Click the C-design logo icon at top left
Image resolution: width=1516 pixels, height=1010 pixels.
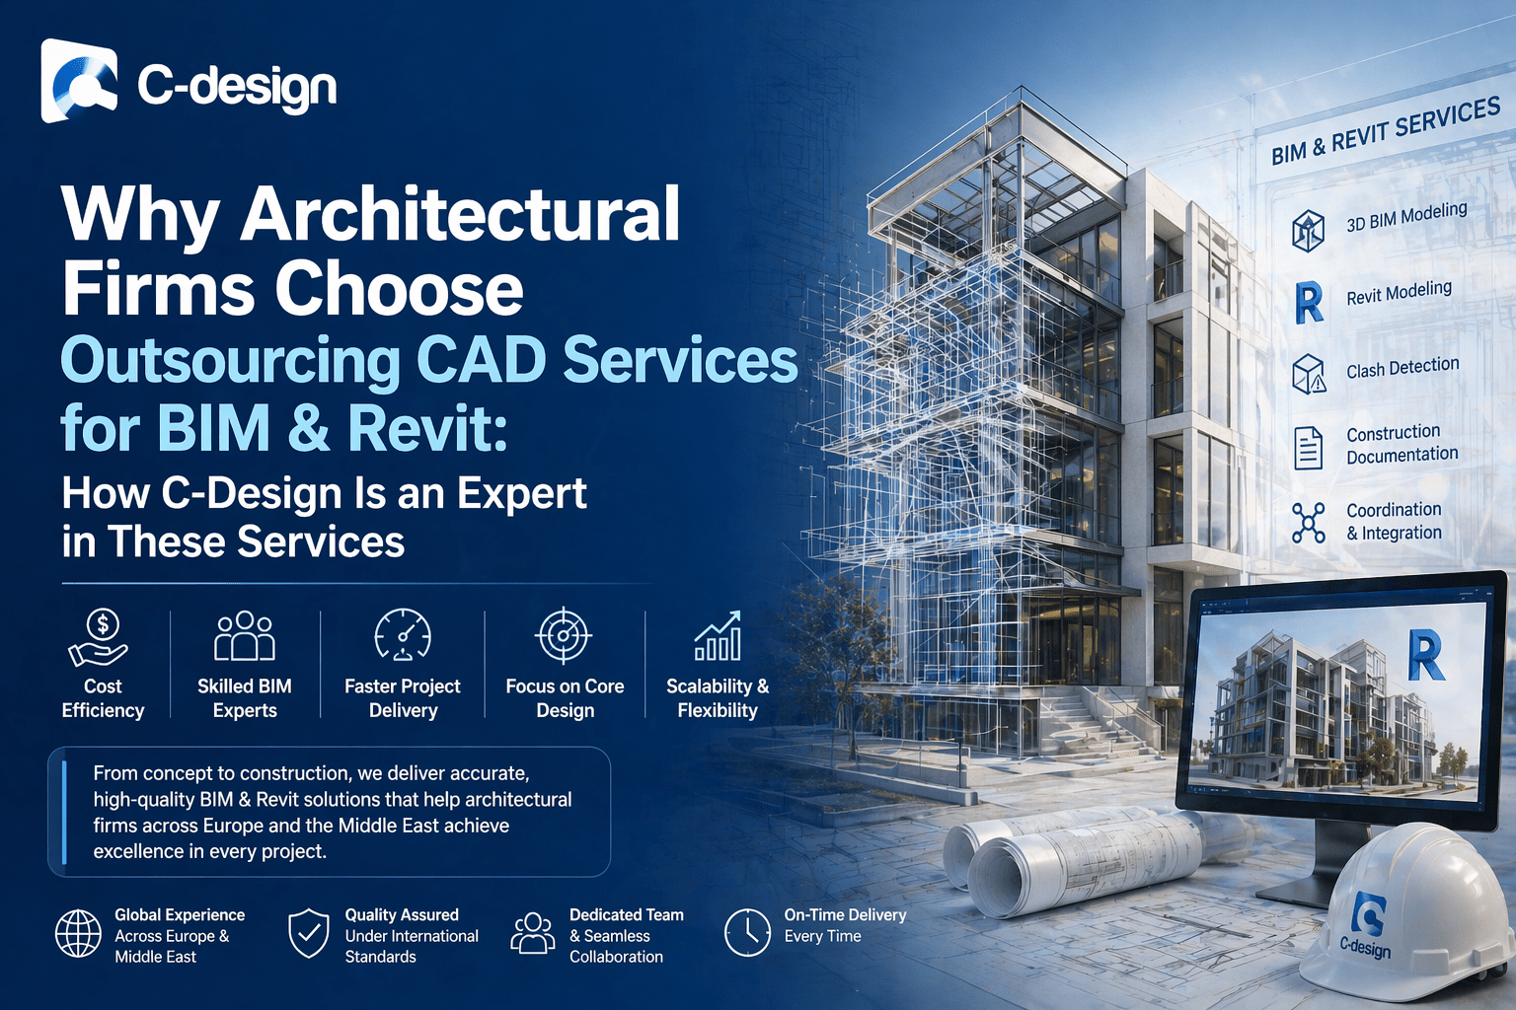click(79, 82)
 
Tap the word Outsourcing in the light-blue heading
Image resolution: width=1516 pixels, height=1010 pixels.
click(230, 360)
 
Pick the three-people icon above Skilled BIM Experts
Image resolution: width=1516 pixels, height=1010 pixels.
click(245, 636)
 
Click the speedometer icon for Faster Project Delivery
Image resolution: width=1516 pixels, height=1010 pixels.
click(403, 635)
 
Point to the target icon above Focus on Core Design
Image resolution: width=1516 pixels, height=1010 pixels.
click(564, 635)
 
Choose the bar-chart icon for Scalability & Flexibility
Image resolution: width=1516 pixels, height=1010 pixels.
click(718, 636)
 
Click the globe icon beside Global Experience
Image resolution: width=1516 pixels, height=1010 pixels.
click(78, 934)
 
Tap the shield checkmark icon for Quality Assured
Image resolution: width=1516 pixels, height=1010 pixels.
click(309, 933)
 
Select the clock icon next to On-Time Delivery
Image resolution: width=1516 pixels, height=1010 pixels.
click(747, 932)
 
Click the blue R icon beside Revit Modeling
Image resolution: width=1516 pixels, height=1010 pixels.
click(1309, 303)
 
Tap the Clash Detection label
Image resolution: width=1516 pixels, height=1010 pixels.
click(1402, 368)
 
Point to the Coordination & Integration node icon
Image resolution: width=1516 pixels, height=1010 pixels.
click(1309, 523)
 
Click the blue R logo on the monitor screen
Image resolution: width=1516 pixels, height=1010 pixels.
click(1425, 657)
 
